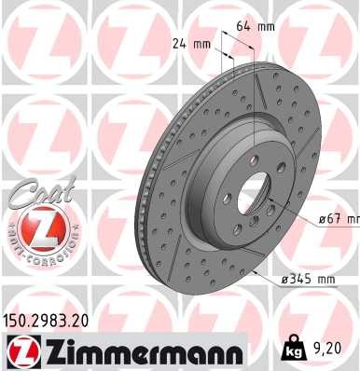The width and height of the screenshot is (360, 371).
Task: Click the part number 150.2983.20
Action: [x=50, y=319]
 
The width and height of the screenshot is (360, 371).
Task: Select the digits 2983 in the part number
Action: [x=55, y=319]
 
